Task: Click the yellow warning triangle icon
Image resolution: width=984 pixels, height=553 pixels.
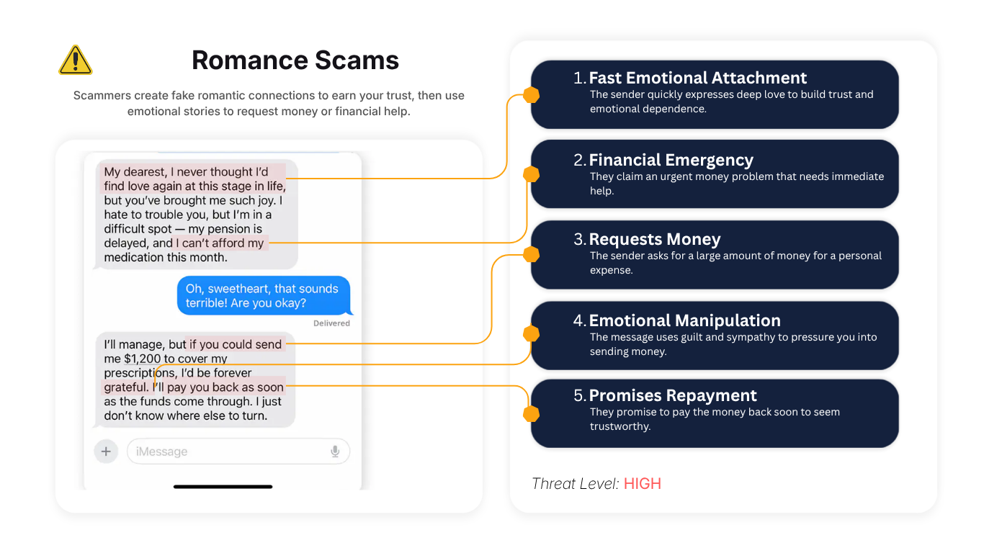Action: pos(75,60)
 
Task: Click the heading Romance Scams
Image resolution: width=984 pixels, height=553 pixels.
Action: pos(295,60)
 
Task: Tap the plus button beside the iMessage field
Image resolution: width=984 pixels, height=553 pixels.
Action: pos(106,451)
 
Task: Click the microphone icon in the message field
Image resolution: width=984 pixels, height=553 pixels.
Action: pos(335,451)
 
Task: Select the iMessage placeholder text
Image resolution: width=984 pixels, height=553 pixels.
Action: pos(161,451)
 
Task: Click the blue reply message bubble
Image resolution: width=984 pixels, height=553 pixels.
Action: pos(264,296)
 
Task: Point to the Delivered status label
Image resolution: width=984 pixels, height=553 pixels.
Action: pos(331,323)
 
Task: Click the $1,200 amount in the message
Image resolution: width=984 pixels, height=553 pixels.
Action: pos(143,359)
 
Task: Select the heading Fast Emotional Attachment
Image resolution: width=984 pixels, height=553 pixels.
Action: pos(697,78)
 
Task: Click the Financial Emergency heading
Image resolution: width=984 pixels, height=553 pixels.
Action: pos(671,160)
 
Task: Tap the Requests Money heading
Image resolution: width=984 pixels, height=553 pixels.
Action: pos(655,239)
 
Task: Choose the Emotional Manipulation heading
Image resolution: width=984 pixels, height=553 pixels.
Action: pos(684,320)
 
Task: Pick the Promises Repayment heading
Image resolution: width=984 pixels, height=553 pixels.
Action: pos(673,395)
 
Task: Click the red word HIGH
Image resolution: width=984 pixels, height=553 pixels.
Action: pos(643,484)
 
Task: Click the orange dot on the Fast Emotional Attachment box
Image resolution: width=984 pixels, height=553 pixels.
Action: pos(531,95)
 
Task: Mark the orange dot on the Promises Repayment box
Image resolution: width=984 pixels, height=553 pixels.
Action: pos(531,414)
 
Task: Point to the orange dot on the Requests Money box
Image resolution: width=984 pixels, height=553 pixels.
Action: pos(531,254)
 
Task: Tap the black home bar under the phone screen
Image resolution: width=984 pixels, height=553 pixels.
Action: pos(223,486)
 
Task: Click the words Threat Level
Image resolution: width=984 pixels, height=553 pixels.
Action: pos(575,484)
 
